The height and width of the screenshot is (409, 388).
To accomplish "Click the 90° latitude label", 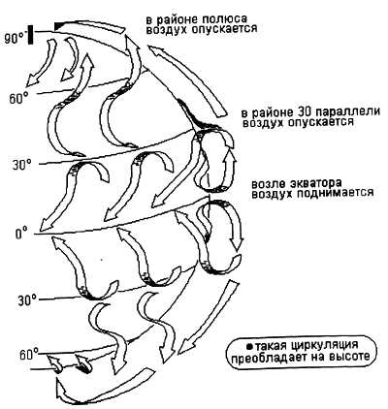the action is click(16, 38).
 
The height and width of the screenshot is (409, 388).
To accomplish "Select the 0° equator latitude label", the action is click(21, 234).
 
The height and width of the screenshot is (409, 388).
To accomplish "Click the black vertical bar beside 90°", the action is click(31, 35).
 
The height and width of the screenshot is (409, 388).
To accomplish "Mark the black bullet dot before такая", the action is click(249, 347).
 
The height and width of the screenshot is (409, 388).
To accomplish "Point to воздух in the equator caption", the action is click(272, 193).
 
